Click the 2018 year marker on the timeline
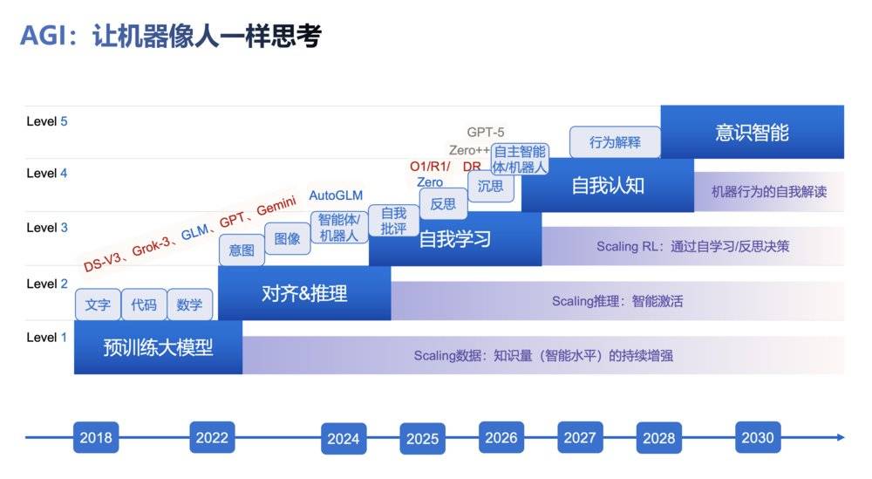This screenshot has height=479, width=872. (96, 438)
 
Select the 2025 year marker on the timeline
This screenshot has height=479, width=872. (422, 439)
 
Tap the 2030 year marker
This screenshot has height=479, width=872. (758, 438)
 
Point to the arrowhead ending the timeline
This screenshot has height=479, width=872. (840, 438)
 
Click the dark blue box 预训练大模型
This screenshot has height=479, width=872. (158, 347)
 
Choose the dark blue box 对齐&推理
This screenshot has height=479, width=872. (304, 293)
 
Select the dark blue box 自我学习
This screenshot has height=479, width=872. (455, 239)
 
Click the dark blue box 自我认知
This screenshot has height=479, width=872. (608, 185)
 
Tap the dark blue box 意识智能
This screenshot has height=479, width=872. (752, 132)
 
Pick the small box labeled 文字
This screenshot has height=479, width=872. (98, 305)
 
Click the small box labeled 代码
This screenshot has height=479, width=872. (144, 305)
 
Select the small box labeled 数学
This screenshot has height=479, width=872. (189, 305)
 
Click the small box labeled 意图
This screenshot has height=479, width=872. (242, 250)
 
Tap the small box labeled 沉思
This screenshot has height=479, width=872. (491, 186)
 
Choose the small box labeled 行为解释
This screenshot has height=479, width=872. (615, 141)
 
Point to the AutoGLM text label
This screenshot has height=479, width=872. (336, 195)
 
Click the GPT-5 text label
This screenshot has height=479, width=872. (486, 133)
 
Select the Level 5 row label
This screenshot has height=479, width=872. (47, 121)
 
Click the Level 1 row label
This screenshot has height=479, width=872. (47, 338)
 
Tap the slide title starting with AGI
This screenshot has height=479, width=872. (171, 36)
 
